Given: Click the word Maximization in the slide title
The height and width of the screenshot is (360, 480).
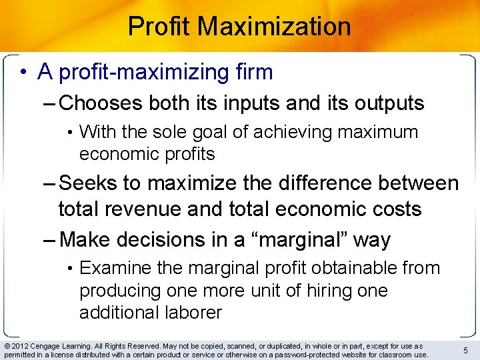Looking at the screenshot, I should [x=275, y=27].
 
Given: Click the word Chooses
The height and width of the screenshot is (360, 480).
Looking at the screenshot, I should [x=100, y=103].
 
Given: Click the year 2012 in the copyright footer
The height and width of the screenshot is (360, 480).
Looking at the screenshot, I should [x=20, y=346].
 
